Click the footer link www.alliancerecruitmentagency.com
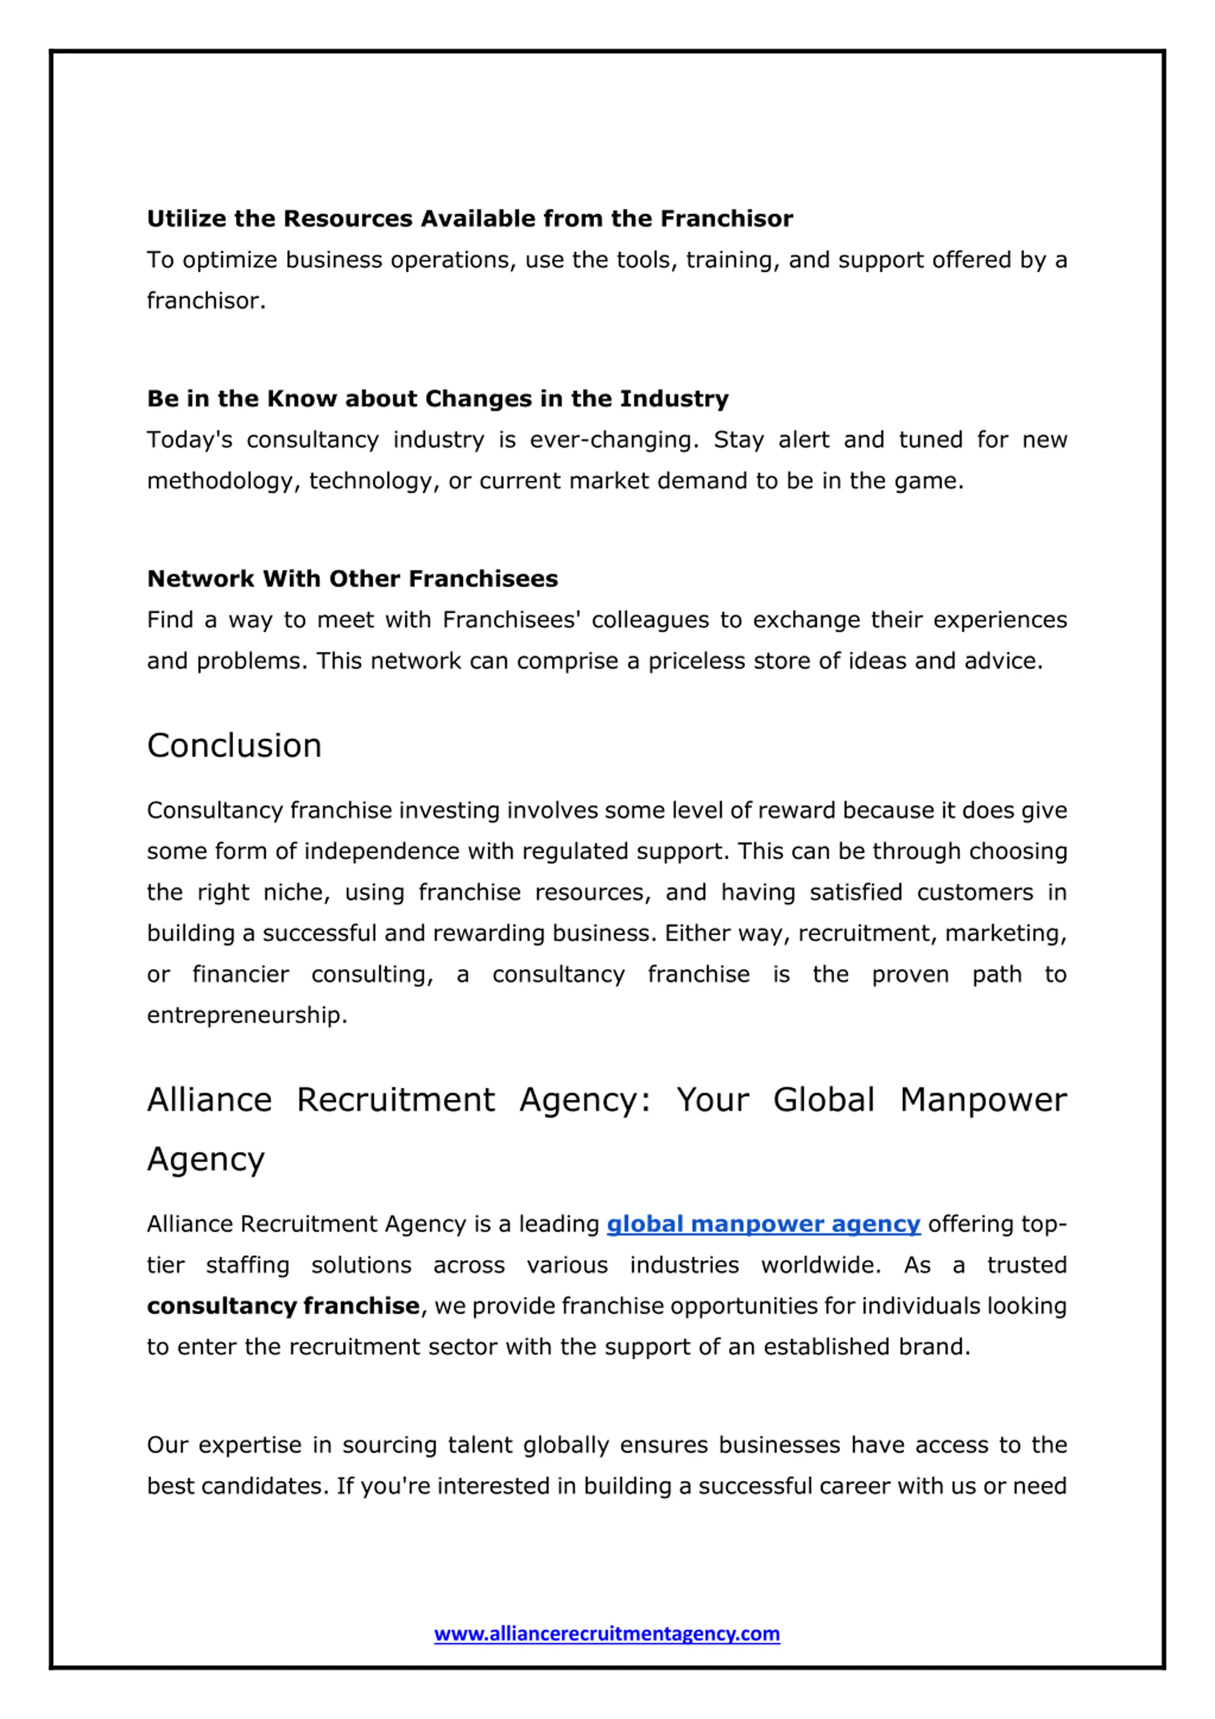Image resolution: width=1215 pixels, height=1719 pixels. [607, 1633]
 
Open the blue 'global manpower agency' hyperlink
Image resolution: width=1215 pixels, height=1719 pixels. [763, 1224]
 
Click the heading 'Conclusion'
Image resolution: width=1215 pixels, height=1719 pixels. [234, 746]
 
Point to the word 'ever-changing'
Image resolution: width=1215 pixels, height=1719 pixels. [614, 440]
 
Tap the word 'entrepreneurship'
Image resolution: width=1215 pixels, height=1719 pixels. [246, 1015]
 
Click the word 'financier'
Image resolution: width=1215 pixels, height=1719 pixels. [240, 974]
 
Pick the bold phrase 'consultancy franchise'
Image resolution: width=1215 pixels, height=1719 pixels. [283, 1306]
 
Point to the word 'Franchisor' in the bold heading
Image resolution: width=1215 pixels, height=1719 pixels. [726, 219]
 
